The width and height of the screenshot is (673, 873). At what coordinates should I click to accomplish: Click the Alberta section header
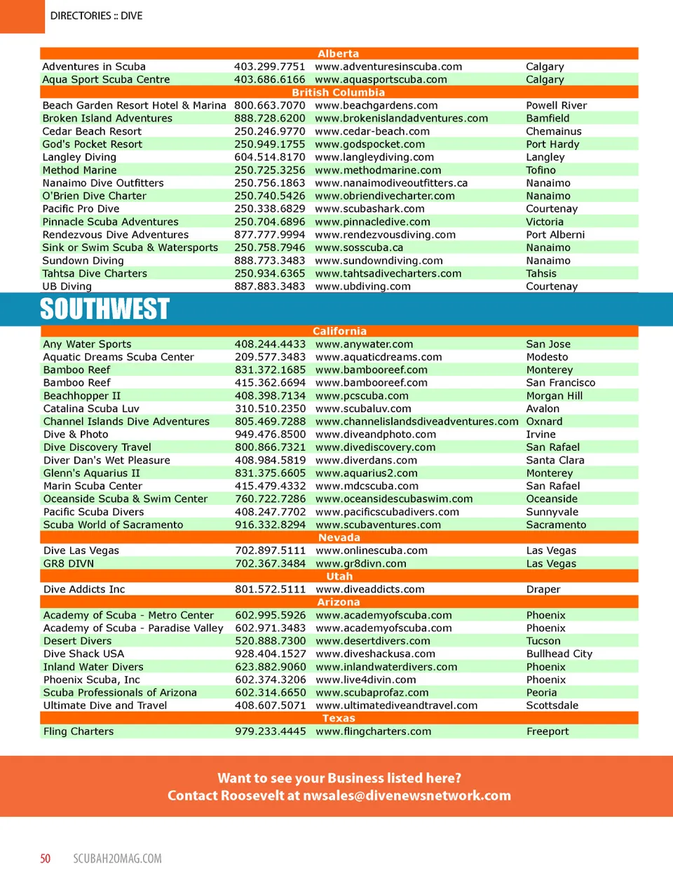point(339,54)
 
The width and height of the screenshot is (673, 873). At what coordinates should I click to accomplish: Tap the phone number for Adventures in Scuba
point(269,67)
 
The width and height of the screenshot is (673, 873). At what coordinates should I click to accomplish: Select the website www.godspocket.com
point(369,144)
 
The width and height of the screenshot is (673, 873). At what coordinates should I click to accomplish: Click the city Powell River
point(556,106)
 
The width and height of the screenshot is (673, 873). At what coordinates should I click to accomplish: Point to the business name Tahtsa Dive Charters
point(95,273)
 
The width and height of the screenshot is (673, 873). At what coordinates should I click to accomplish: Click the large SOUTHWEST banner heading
point(104,309)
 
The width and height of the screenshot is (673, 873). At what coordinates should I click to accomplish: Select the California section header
point(339,332)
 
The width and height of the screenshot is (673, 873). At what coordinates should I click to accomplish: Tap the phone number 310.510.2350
point(270,409)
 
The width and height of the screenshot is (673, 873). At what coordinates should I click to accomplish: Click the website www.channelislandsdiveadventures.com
point(416,421)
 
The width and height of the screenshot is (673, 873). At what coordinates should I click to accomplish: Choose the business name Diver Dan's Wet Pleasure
point(107,461)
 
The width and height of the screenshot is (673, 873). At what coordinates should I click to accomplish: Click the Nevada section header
point(339,538)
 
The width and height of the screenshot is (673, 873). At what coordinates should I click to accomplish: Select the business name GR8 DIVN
point(69,564)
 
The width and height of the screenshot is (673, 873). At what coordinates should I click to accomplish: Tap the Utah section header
point(339,576)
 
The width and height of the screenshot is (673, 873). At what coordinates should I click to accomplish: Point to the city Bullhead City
point(559,654)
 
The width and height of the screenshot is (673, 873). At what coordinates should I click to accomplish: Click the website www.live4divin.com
point(365,680)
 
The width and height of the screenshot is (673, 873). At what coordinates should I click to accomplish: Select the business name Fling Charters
point(79,731)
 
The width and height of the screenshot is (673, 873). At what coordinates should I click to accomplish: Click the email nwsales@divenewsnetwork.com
point(407,796)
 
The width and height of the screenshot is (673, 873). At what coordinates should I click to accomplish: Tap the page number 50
point(46,859)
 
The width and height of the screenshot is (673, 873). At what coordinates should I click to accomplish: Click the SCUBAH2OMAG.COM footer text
point(117,859)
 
